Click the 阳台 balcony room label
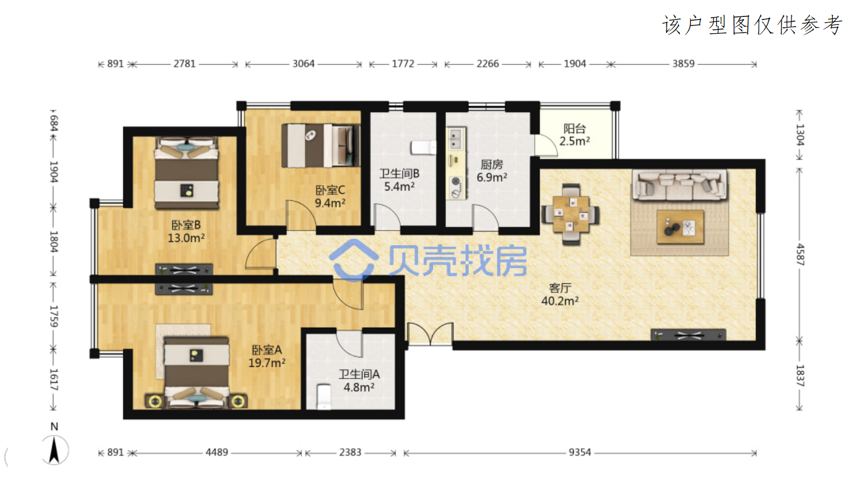(574, 129)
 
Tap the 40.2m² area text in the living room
(560, 301)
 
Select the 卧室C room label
(330, 190)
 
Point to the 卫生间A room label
(359, 374)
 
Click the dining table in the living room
(571, 214)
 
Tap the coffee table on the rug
(680, 227)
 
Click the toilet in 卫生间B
(423, 147)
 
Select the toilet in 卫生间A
(324, 397)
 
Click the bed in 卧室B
(187, 173)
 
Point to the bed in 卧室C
(321, 146)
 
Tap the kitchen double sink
(456, 138)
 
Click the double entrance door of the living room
(430, 334)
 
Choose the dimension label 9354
(580, 453)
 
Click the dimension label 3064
(304, 64)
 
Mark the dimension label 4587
(800, 255)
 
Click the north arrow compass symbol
(55, 450)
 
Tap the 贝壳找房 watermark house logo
(354, 261)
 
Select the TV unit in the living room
(688, 335)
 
